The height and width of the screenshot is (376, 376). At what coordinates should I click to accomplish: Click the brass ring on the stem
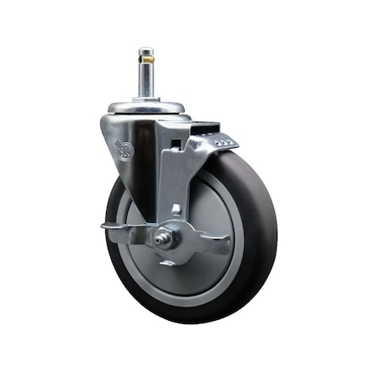coord(148,60)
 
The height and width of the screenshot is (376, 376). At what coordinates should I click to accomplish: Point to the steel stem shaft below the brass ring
coord(147,81)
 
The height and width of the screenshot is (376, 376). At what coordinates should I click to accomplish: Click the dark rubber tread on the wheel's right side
coord(266,226)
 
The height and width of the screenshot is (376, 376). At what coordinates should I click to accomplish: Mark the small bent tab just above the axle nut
coord(176,209)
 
